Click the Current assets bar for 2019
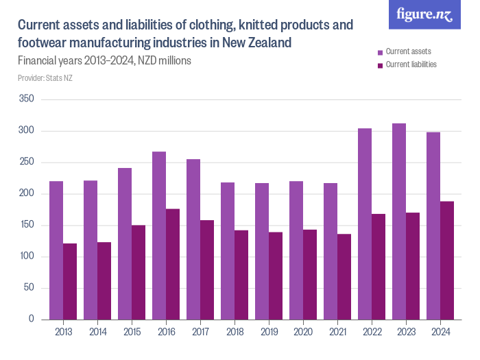pyautogui.click(x=262, y=251)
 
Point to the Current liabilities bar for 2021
pyautogui.click(x=344, y=276)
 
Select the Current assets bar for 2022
pyautogui.click(x=365, y=224)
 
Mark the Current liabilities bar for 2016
pyautogui.click(x=173, y=264)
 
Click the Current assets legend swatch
pyautogui.click(x=381, y=52)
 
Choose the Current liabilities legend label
pyautogui.click(x=411, y=64)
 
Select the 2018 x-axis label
pyautogui.click(x=235, y=332)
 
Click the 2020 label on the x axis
pyautogui.click(x=303, y=332)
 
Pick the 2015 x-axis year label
pyautogui.click(x=132, y=332)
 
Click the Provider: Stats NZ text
pyautogui.click(x=45, y=78)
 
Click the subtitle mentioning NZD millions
pyautogui.click(x=104, y=60)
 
